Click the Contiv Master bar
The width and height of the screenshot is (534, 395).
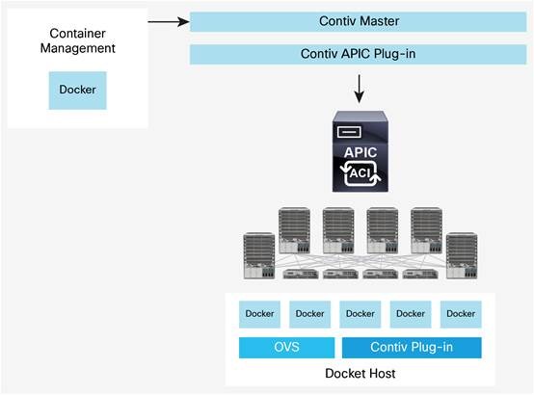click(358, 22)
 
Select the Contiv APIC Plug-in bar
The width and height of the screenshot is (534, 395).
click(358, 54)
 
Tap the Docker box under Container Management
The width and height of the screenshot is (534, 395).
click(78, 91)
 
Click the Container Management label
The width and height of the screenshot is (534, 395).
click(78, 40)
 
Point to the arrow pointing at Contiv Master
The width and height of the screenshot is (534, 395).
click(169, 22)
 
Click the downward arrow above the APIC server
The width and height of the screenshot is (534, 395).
click(359, 89)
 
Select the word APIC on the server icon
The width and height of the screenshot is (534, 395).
click(360, 152)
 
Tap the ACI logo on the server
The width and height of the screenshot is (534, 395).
click(360, 173)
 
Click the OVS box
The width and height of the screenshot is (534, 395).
click(286, 348)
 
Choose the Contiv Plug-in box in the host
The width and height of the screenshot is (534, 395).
click(412, 348)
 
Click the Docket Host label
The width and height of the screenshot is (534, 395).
click(360, 374)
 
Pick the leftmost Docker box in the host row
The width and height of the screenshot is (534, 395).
click(259, 314)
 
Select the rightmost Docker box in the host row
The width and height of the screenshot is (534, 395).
click(461, 314)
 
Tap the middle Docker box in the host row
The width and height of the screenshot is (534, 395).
click(360, 314)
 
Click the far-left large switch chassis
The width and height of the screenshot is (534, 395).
click(259, 255)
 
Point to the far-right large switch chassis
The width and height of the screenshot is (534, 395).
click(462, 255)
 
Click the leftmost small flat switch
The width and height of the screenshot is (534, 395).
click(301, 274)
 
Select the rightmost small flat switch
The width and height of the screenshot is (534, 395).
click(420, 274)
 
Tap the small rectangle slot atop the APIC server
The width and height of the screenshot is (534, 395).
click(349, 132)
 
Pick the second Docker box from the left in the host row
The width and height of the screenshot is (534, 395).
click(310, 314)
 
